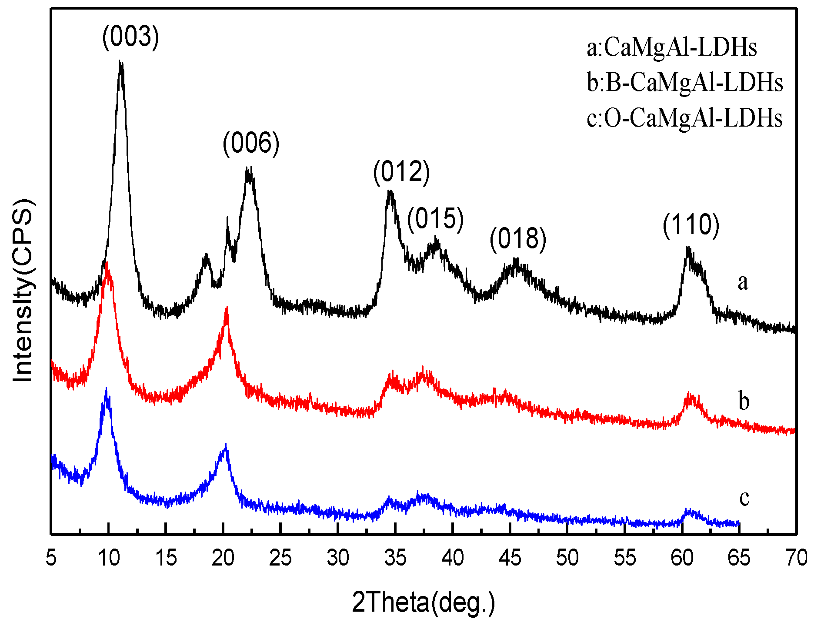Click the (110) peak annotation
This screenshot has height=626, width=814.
tap(691, 225)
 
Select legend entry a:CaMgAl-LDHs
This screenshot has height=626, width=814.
tap(671, 47)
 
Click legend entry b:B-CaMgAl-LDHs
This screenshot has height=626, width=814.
tap(685, 82)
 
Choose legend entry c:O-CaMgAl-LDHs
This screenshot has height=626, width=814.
tap(684, 118)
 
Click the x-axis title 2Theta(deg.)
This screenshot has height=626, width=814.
tap(423, 603)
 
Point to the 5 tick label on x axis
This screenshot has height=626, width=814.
tap(51, 558)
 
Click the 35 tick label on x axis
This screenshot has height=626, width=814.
tap(395, 558)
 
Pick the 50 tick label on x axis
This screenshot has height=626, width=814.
tap(567, 558)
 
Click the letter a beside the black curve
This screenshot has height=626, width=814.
tap(743, 282)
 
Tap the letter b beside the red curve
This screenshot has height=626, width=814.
tap(744, 401)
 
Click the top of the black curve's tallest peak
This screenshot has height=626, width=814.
tap(120, 62)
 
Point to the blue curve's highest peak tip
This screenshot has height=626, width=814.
tap(106, 388)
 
